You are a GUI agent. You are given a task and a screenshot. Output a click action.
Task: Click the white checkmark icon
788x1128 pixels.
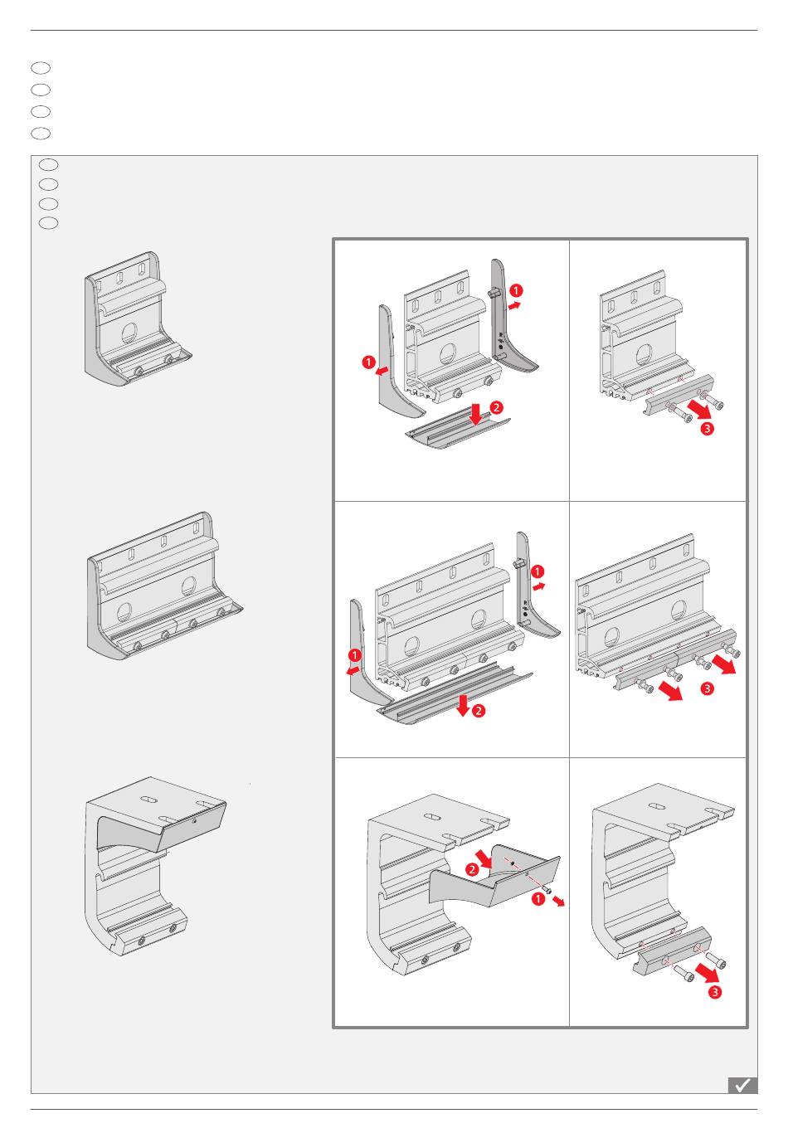[742, 1085]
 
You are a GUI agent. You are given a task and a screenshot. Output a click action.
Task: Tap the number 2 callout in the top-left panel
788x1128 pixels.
[496, 407]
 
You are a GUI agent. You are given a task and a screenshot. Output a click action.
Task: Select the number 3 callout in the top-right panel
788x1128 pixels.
[707, 429]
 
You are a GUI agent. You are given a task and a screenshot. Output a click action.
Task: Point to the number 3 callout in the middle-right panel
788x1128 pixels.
[707, 688]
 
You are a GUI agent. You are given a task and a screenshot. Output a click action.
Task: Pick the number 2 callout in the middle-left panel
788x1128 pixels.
[479, 711]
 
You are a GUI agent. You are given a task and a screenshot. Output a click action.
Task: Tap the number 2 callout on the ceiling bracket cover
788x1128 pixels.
[472, 869]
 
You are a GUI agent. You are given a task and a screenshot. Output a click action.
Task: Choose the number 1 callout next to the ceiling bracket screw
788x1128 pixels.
[538, 898]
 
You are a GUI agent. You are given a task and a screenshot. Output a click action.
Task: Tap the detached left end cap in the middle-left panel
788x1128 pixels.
[364, 647]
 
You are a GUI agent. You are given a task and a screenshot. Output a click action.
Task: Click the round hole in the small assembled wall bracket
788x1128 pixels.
[130, 333]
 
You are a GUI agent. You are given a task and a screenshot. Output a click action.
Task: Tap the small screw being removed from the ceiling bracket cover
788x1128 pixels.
[547, 889]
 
